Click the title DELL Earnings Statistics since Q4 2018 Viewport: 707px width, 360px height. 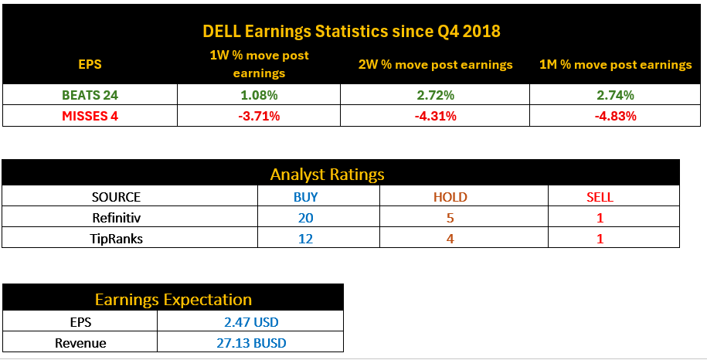[352, 32]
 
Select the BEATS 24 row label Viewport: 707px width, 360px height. [90, 95]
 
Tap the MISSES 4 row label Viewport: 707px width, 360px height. [90, 116]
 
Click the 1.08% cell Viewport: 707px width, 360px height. [259, 95]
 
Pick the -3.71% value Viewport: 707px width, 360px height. [259, 116]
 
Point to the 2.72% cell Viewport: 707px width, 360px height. [435, 95]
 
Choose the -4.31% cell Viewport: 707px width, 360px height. [435, 116]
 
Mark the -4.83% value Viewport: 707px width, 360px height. [615, 116]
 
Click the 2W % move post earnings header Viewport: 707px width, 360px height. [435, 65]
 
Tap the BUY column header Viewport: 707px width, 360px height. [305, 197]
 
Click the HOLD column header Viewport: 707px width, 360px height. [450, 197]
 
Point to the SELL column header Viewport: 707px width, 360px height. [600, 197]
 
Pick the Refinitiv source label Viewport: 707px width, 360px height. [116, 218]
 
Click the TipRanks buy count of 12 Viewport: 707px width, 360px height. [305, 239]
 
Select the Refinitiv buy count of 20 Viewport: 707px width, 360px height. [305, 218]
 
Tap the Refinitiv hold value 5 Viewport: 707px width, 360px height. [450, 218]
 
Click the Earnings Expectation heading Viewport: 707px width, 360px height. [173, 299]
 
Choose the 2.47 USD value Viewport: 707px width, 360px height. [250, 321]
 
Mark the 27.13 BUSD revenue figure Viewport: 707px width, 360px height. [250, 342]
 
